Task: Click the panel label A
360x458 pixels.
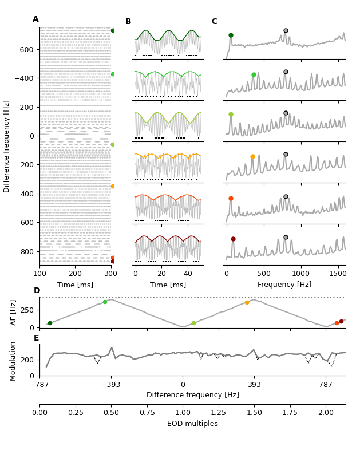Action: [35, 19]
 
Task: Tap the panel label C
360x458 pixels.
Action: [215, 22]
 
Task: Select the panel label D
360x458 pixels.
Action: [37, 291]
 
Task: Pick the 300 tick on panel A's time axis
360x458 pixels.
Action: [111, 274]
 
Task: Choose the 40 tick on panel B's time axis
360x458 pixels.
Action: [188, 274]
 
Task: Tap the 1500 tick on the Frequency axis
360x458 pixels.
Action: [338, 274]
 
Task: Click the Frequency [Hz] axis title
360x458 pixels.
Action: [284, 285]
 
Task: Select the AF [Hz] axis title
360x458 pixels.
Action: [14, 313]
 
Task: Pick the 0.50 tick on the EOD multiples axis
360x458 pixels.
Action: [111, 412]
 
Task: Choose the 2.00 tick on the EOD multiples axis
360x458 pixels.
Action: [326, 412]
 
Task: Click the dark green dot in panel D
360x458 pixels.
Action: [50, 323]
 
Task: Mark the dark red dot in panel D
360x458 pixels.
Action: [341, 321]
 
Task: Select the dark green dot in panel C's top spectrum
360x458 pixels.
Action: [231, 35]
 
